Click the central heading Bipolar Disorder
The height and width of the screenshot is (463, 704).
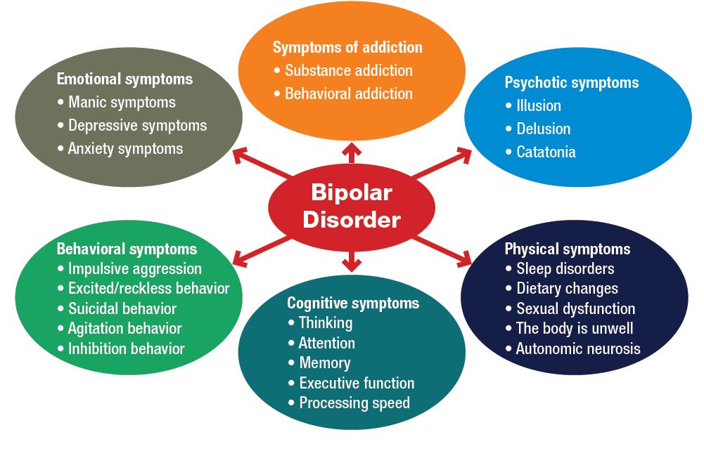pos(351,206)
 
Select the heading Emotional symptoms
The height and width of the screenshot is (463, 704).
pos(124,79)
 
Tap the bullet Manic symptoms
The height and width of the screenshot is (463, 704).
pos(122,103)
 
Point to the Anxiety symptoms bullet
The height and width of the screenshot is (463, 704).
pos(125,149)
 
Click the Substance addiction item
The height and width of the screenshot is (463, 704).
pos(348,71)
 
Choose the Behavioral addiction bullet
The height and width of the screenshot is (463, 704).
pos(348,94)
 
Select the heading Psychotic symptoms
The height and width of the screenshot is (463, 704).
pos(572,83)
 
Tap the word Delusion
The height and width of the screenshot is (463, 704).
pos(543,129)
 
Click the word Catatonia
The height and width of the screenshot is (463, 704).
pos(546,152)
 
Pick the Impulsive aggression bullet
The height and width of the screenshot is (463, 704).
pos(134,269)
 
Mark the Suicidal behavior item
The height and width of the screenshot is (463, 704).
pos(122,309)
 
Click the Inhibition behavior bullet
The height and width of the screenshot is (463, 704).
pos(126,349)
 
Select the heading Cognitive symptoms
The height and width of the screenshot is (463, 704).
pos(353,304)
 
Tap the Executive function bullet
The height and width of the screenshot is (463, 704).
pos(357,384)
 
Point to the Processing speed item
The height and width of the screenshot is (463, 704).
pos(354,403)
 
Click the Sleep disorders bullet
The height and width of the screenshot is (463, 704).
pos(565,269)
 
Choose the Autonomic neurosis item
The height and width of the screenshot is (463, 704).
pos(578,349)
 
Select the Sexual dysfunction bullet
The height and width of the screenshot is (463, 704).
pos(575,309)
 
